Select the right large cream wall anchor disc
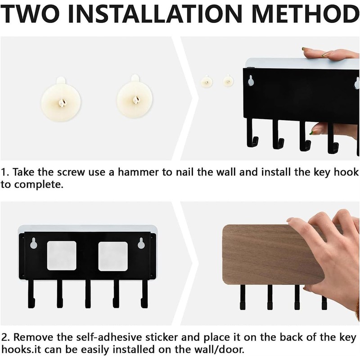(x=134, y=98)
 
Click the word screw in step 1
(x=71, y=172)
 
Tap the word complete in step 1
(x=39, y=185)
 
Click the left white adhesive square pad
(x=62, y=256)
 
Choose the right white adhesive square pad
(x=113, y=256)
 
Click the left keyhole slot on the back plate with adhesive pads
(x=34, y=243)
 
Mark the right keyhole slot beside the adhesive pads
(x=141, y=243)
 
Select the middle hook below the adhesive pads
(x=88, y=294)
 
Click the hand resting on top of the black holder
(x=331, y=54)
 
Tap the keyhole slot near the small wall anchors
(x=251, y=81)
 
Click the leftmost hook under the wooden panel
(x=243, y=297)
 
